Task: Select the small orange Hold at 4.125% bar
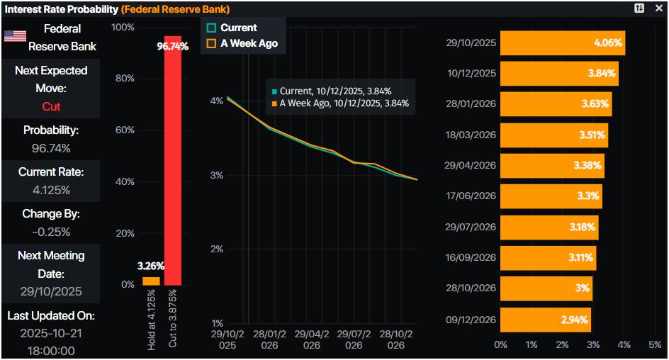point(151,281)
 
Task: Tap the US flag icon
point(15,36)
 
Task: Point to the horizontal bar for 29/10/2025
point(562,43)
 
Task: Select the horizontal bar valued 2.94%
point(545,320)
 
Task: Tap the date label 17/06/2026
point(471,196)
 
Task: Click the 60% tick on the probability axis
point(125,130)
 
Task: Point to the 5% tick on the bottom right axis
point(655,344)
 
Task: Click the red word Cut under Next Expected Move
point(51,106)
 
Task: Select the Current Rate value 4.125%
point(51,190)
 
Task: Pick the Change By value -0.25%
point(51,232)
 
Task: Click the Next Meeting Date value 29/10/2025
point(51,291)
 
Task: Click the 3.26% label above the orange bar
point(150,266)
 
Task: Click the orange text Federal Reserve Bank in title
point(175,9)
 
